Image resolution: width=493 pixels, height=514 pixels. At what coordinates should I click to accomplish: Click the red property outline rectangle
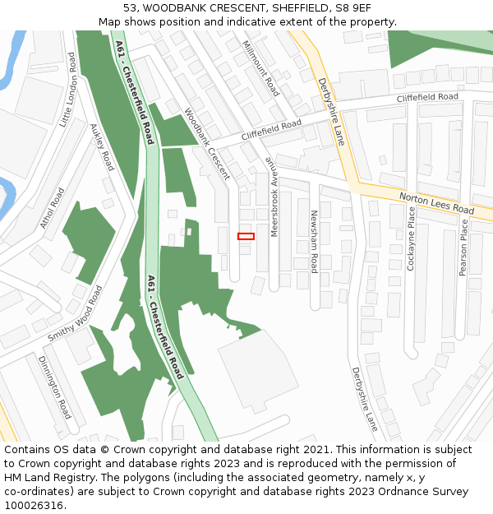click(246, 236)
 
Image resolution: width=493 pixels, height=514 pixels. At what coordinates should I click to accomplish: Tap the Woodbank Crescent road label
click(207, 144)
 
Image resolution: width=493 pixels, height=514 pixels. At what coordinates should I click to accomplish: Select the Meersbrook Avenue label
click(275, 197)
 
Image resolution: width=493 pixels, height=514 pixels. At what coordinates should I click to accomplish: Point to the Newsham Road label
click(313, 242)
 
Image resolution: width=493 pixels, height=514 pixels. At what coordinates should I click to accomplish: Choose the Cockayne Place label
click(412, 238)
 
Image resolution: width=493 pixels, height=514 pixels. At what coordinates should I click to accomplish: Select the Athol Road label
click(53, 208)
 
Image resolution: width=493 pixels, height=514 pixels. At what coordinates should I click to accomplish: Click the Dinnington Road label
click(54, 387)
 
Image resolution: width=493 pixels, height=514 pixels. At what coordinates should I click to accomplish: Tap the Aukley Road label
click(102, 147)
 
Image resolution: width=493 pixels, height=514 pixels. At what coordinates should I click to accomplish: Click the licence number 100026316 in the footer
click(33, 505)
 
